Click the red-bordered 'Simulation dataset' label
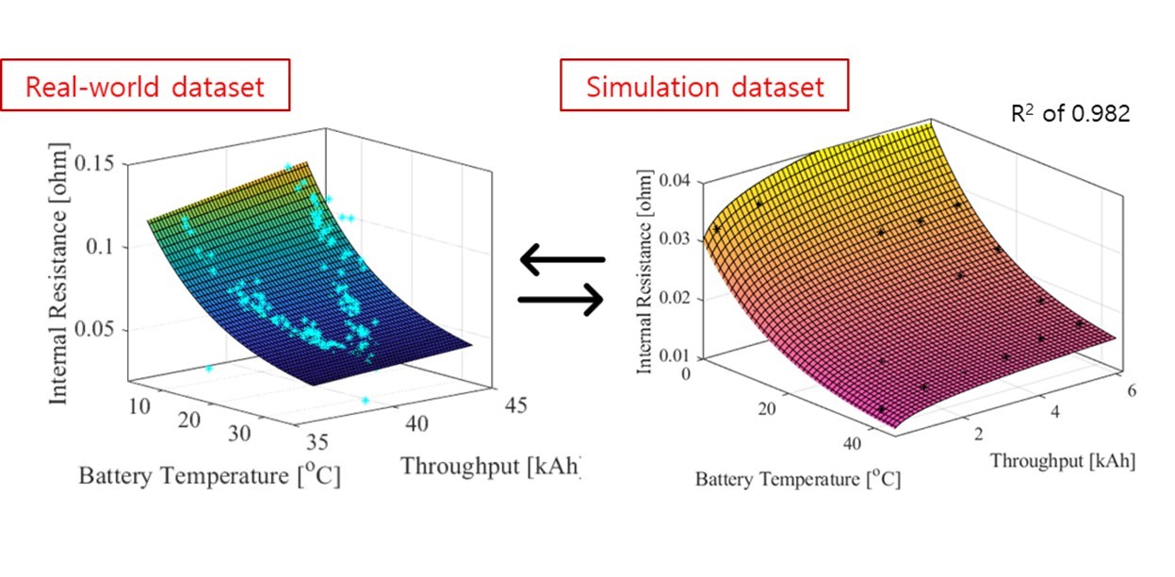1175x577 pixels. point(704,87)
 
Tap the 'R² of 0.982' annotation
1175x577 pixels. point(1069,114)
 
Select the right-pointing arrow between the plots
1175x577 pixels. point(562,300)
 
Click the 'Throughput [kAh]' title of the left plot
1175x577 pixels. point(490,465)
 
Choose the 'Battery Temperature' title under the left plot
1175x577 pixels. point(209,476)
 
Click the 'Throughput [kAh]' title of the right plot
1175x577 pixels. point(1062,461)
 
